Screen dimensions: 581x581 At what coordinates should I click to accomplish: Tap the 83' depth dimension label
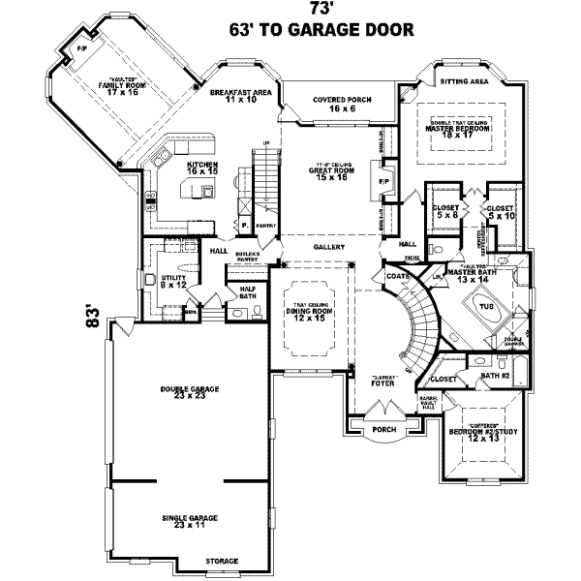click(x=91, y=317)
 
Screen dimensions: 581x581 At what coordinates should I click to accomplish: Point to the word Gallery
click(x=329, y=248)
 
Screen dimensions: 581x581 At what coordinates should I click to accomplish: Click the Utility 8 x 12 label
click(x=173, y=281)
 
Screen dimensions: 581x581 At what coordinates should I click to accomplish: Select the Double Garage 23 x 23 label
click(x=191, y=393)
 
